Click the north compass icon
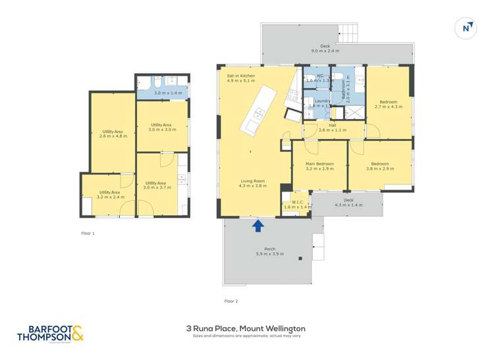click(466, 28)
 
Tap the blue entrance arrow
click(258, 226)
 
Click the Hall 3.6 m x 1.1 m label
click(332, 127)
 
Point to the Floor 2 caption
click(231, 301)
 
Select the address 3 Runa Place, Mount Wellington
click(246, 328)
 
